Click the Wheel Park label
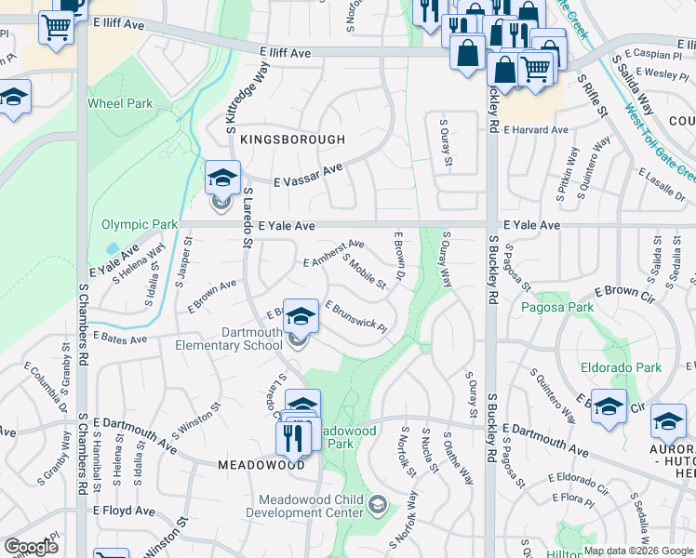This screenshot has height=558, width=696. tap(120, 104)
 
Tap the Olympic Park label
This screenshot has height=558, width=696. tap(140, 225)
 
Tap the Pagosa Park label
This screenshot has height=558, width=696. tap(556, 307)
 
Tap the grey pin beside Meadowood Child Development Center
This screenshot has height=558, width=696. tap(377, 506)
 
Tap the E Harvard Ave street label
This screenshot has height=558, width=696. tap(535, 130)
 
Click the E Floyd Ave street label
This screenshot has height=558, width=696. tap(124, 511)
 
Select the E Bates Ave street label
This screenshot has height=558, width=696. tap(120, 340)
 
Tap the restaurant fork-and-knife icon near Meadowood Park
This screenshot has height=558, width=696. tap(295, 436)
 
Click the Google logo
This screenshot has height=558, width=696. tap(31, 548)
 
